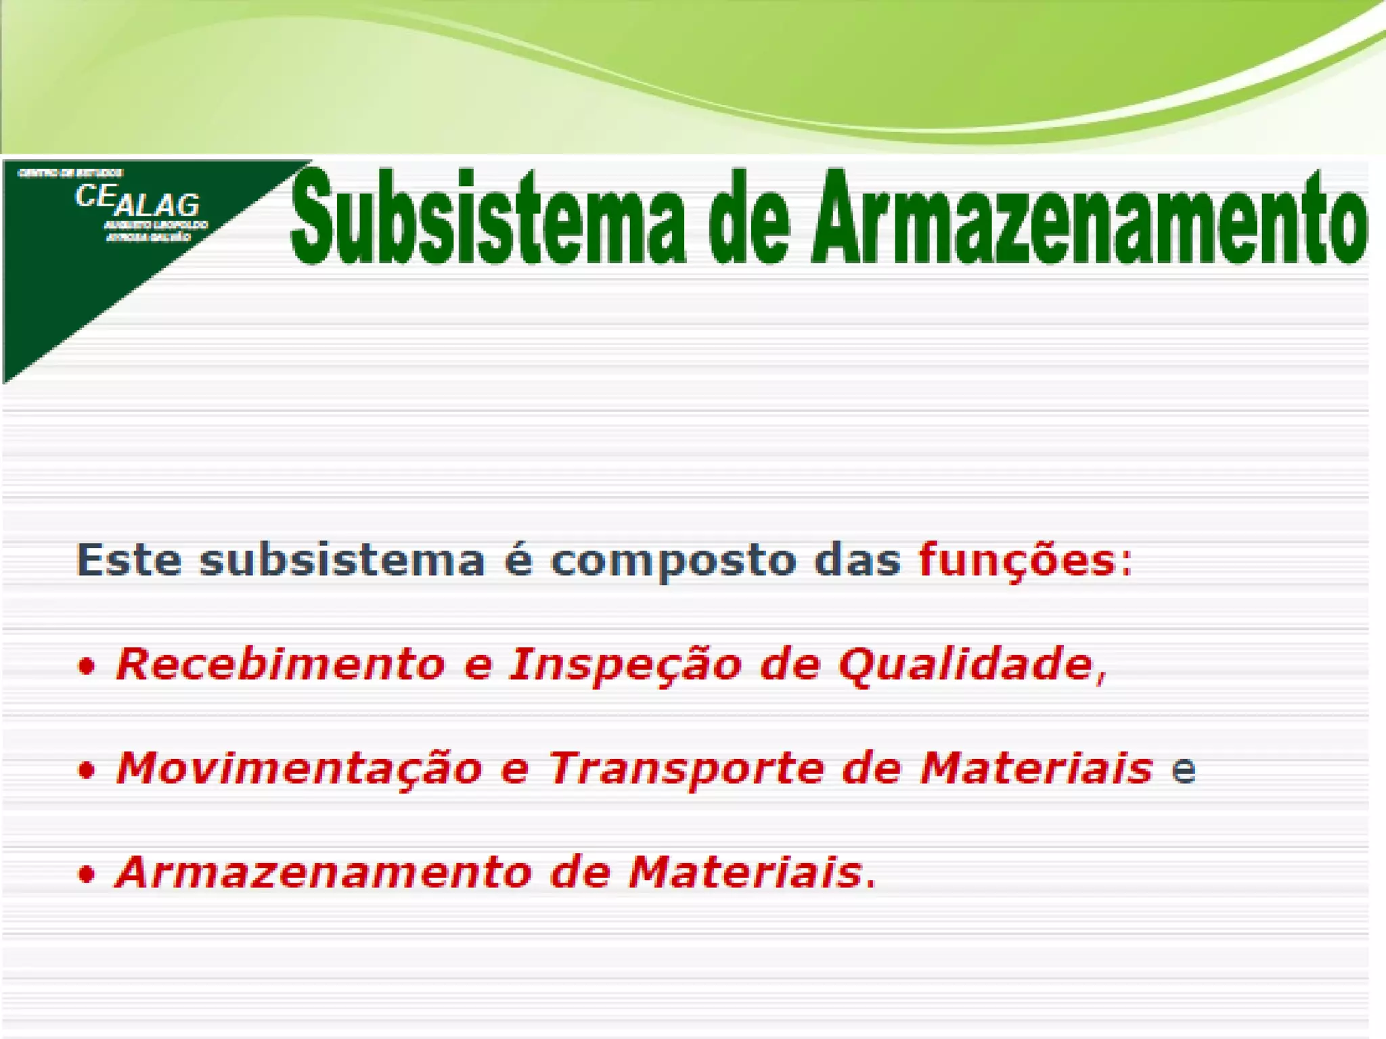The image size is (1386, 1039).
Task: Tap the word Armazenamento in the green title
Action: tap(1090, 218)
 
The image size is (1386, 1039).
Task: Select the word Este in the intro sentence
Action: tap(129, 561)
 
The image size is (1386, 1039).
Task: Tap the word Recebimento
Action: tap(280, 664)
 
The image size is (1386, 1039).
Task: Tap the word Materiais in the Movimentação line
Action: tap(1035, 769)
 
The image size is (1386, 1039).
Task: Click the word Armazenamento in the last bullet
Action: tap(324, 873)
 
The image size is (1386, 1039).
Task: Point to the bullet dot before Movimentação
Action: tap(86, 771)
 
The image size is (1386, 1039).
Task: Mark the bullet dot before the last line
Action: tap(86, 875)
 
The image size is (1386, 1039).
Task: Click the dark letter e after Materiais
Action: tap(1184, 771)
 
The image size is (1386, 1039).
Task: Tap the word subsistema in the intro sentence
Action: tap(342, 561)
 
